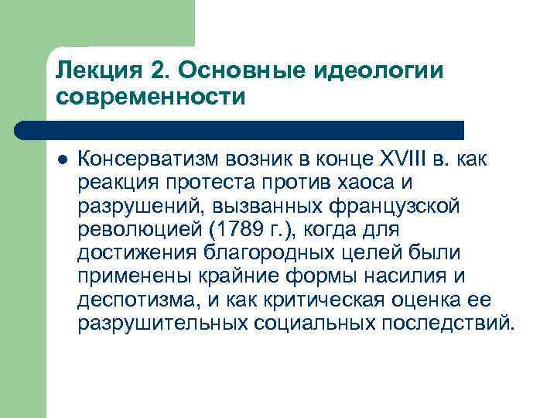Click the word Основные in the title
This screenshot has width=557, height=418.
coord(248,70)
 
